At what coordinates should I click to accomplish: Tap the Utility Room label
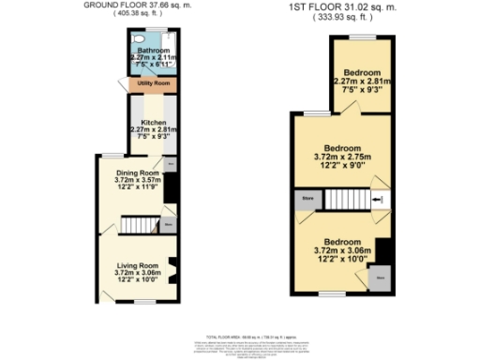click(x=151, y=83)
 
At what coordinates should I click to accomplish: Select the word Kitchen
click(x=151, y=123)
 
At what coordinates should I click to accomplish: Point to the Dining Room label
click(x=137, y=173)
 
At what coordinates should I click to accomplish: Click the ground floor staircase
click(x=136, y=226)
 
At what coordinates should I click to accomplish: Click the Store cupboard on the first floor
click(x=307, y=200)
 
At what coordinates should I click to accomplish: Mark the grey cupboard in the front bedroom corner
click(x=381, y=278)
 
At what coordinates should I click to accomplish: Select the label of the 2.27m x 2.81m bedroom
click(x=361, y=73)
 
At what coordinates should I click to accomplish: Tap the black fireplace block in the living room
click(x=172, y=265)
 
